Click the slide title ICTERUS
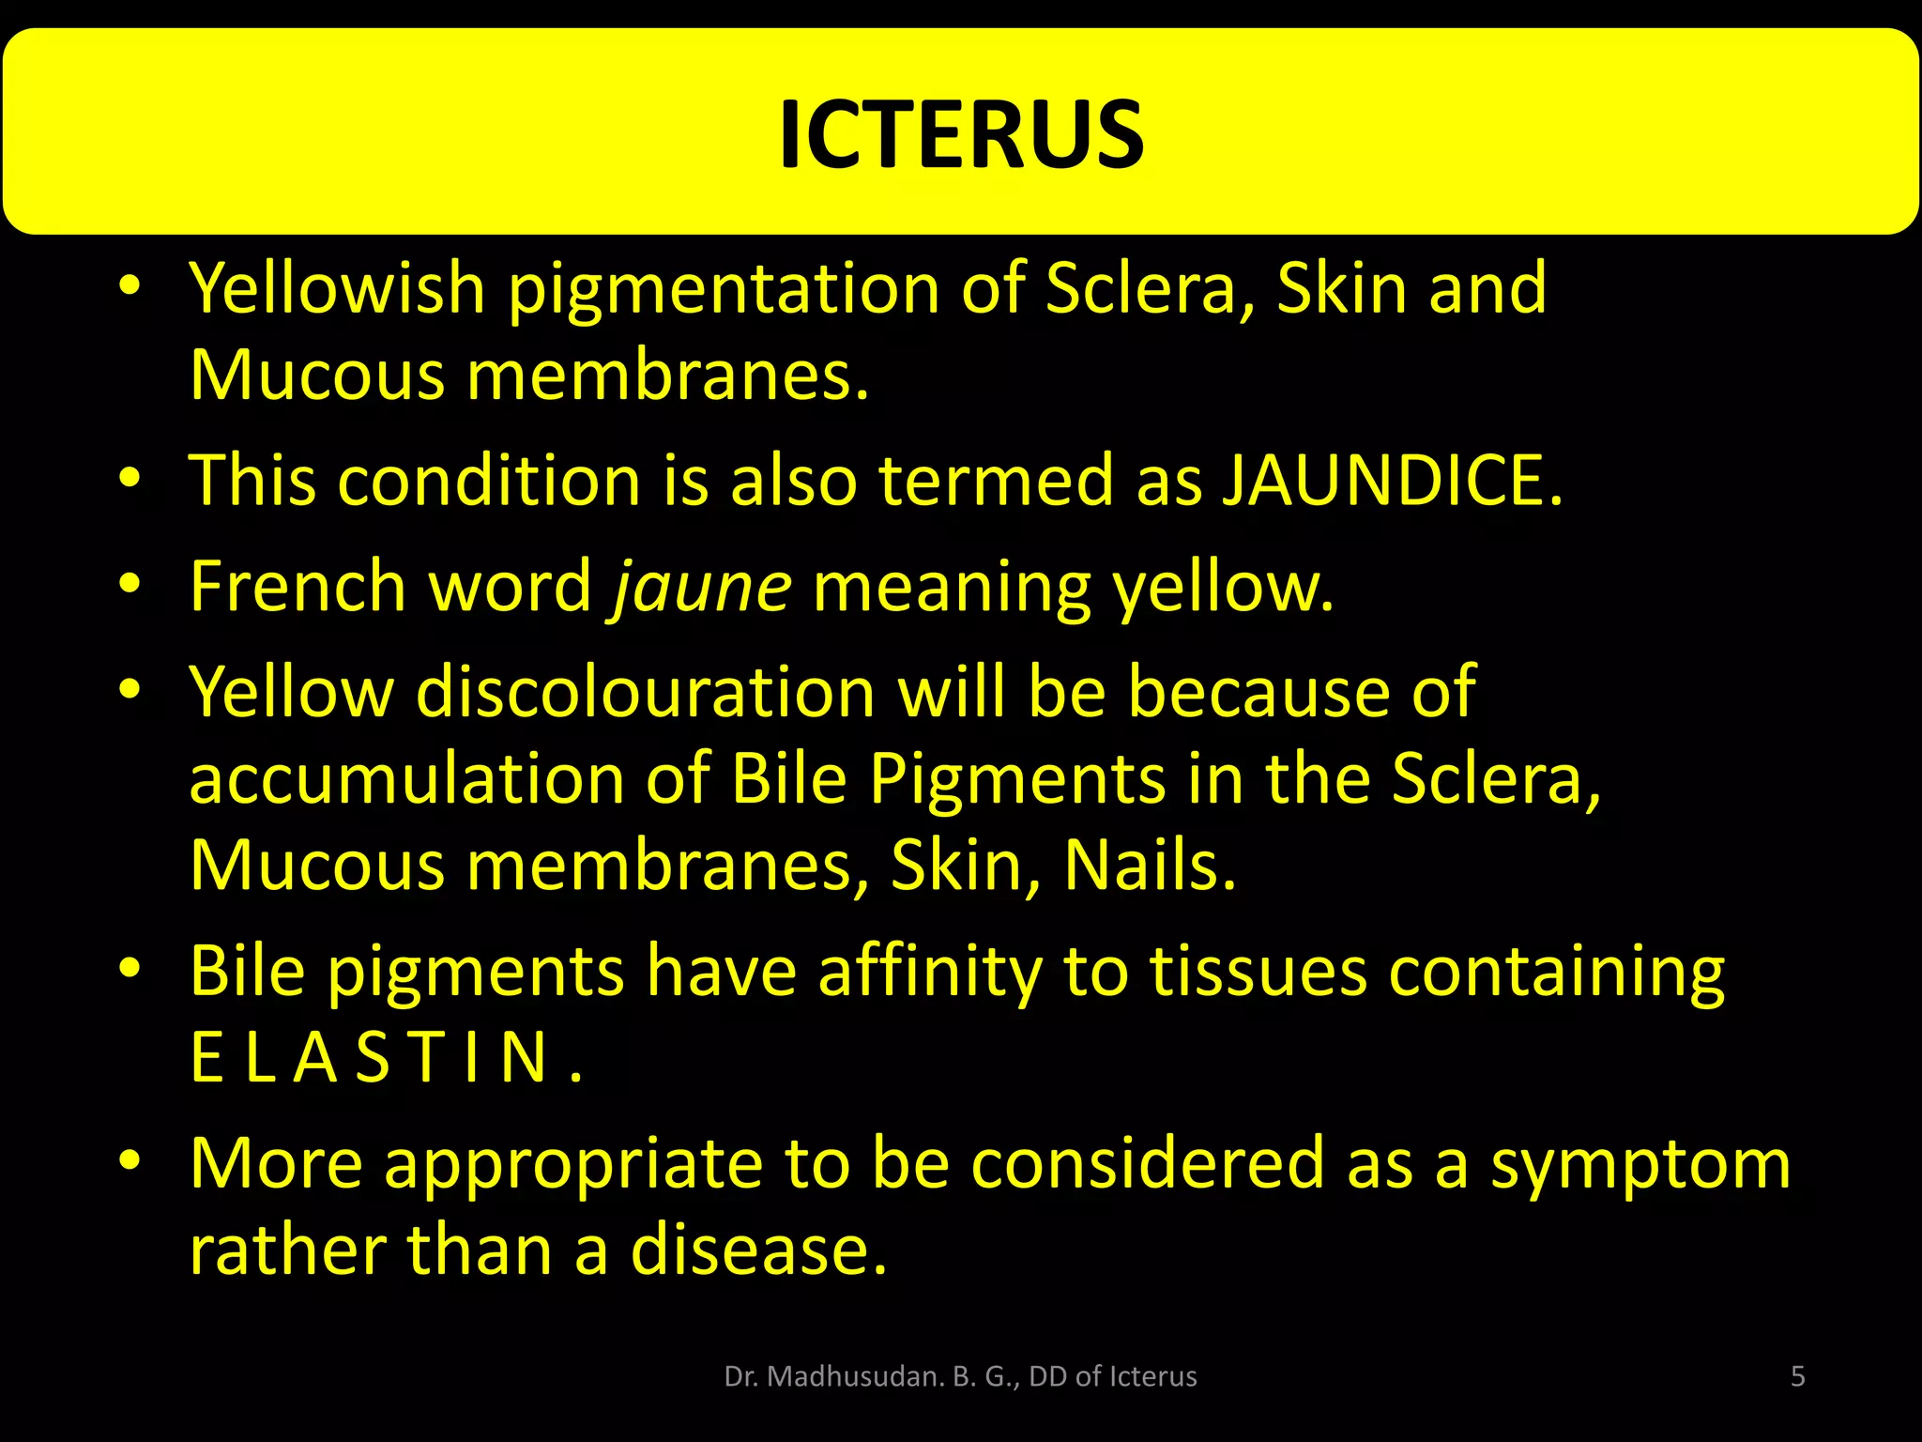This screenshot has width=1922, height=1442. coord(961,134)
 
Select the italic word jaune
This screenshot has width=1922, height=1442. coord(702,586)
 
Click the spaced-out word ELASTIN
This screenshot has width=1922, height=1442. coord(385,1057)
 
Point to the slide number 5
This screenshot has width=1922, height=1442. coord(1797,1376)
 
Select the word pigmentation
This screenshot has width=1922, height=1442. coord(724,289)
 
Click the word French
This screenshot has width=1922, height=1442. coord(297,586)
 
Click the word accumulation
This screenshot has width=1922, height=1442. coord(406,778)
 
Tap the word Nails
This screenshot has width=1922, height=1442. coord(1149,865)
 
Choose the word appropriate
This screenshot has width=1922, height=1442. coord(573,1164)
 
